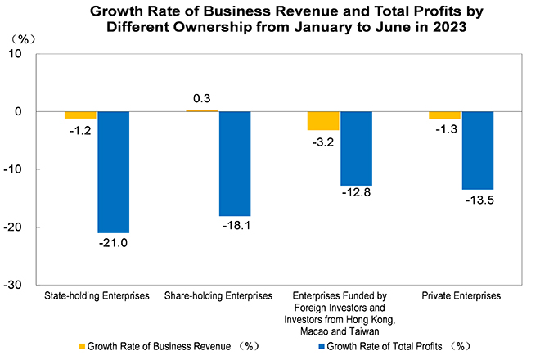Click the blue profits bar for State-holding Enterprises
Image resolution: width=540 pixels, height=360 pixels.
pyautogui.click(x=113, y=172)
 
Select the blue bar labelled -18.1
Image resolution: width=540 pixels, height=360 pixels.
pyautogui.click(x=234, y=163)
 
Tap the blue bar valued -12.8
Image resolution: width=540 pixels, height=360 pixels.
pyautogui.click(x=356, y=148)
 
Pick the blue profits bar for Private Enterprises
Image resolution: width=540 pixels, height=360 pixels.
pyautogui.click(x=477, y=151)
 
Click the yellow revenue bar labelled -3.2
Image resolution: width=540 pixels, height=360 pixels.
pyautogui.click(x=323, y=120)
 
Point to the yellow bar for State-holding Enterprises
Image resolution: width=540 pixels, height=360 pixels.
pyautogui.click(x=80, y=115)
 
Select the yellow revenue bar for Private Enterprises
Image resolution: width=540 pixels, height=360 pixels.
pyautogui.click(x=444, y=115)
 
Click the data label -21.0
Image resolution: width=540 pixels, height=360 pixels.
pyautogui.click(x=113, y=242)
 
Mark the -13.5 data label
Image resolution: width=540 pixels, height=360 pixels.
pyautogui.click(x=477, y=199)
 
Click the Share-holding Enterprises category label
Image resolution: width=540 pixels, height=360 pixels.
pyautogui.click(x=218, y=295)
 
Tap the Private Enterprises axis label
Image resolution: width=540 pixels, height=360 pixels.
pyautogui.click(x=461, y=295)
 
